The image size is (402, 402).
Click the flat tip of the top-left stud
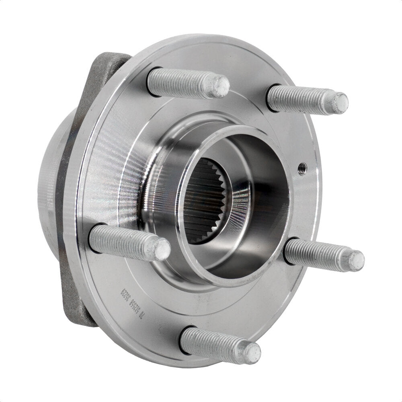click(x=220, y=86)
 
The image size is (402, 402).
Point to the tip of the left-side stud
click(x=162, y=249)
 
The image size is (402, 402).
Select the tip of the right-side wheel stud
click(x=356, y=260)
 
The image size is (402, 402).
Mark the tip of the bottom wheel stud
click(x=252, y=353)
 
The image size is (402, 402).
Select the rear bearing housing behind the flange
click(x=48, y=181)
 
